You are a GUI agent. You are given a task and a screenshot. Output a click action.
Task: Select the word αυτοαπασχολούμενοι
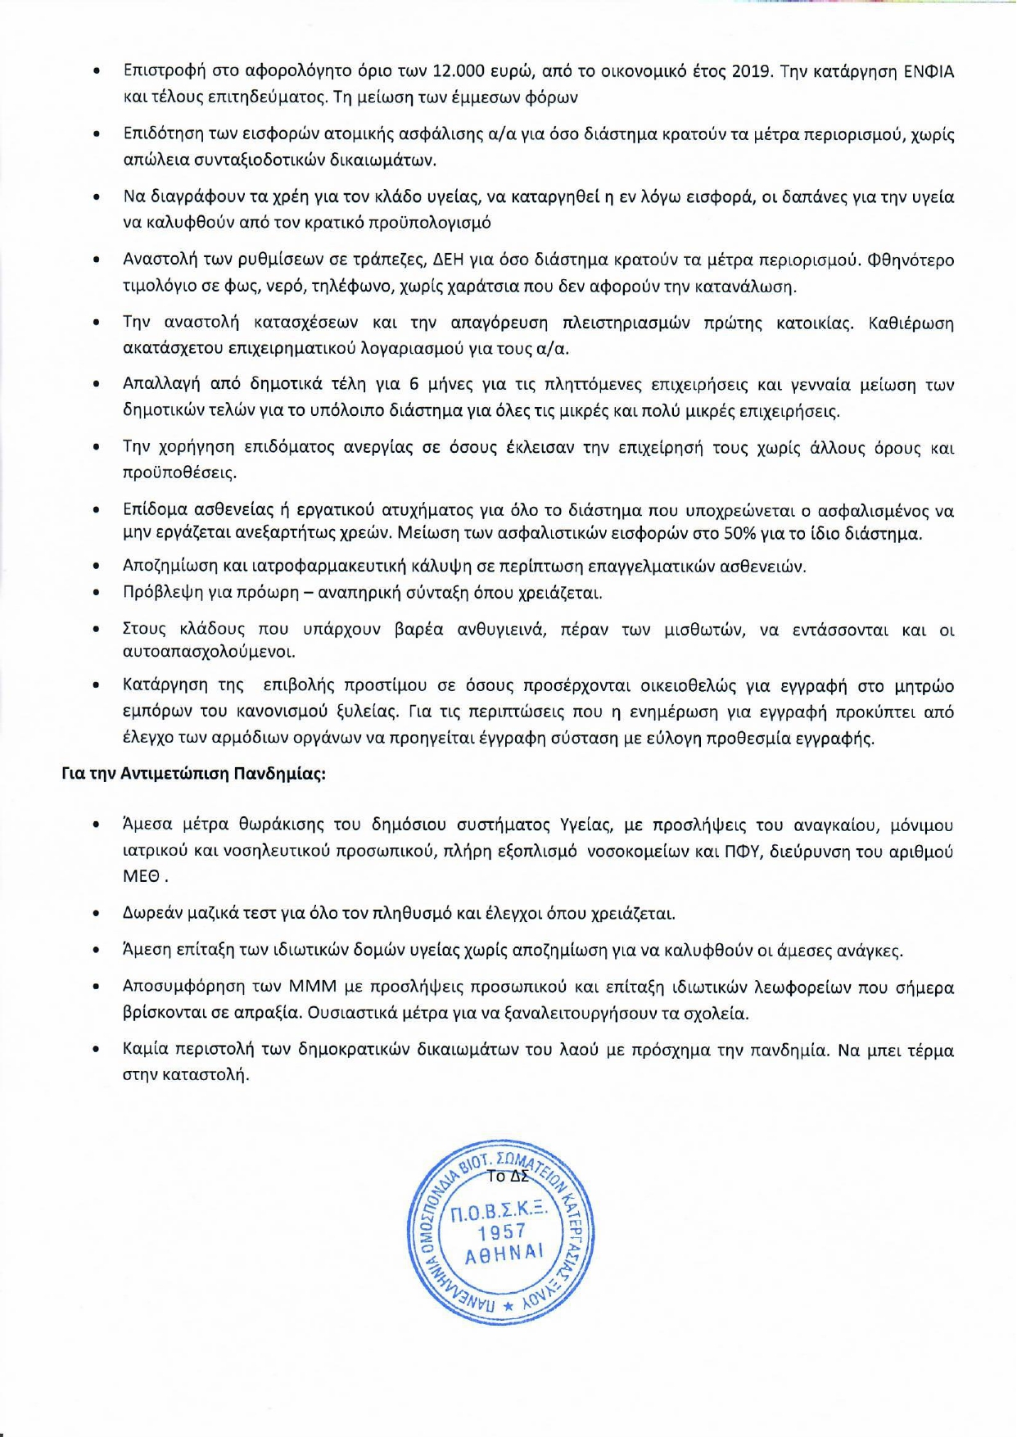[197, 653]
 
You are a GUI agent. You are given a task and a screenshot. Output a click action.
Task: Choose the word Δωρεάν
[152, 913]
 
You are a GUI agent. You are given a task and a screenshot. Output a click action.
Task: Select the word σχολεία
[721, 1014]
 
